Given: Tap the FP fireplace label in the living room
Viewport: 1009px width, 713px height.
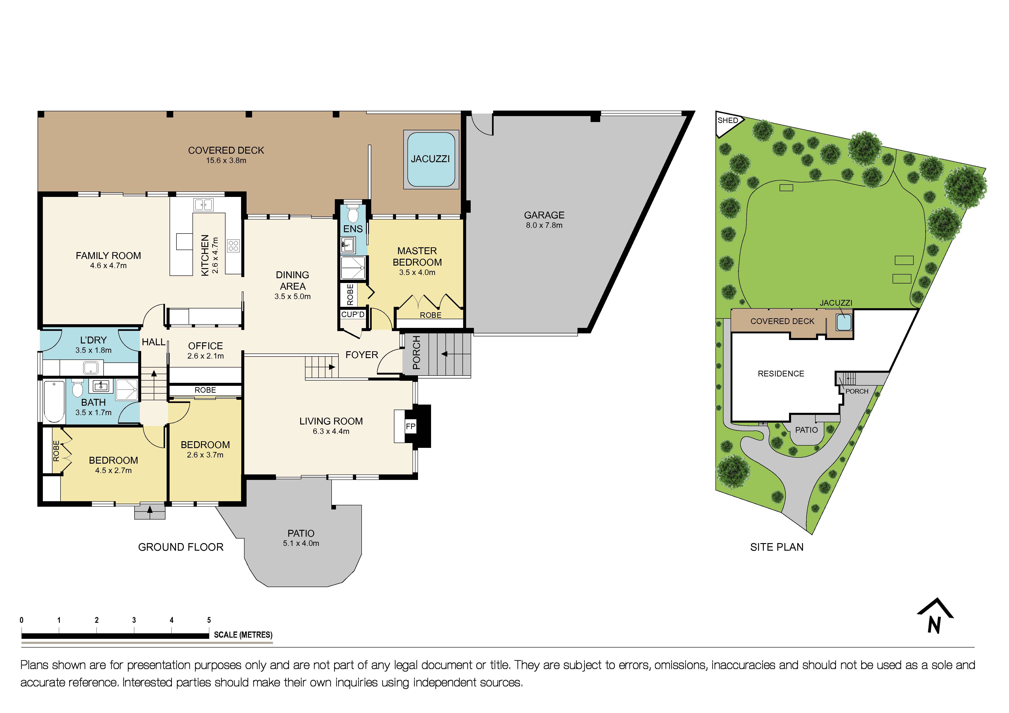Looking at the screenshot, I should tap(410, 426).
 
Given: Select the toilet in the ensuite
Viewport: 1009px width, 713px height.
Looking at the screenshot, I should tap(352, 214).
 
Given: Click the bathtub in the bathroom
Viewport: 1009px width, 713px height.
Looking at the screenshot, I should tap(54, 402).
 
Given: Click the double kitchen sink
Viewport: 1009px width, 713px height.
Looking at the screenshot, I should tap(203, 205).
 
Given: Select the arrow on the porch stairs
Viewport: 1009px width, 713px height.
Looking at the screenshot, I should tap(444, 354).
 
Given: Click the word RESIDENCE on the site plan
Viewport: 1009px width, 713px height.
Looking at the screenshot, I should tap(781, 374).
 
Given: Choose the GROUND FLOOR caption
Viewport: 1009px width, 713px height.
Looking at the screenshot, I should tap(181, 547).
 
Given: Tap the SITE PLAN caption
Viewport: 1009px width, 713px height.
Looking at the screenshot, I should tap(777, 547).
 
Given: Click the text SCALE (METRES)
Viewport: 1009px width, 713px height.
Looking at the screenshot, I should tap(243, 635).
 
